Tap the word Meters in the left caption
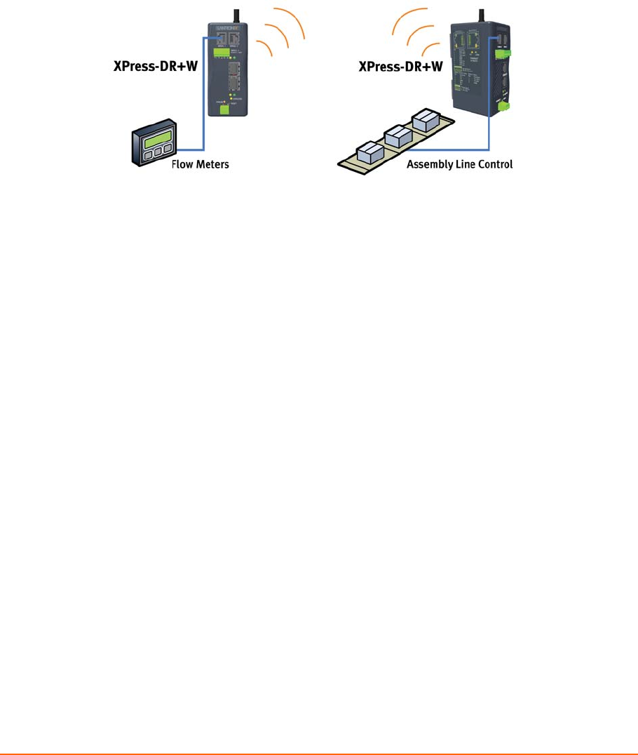pos(213,166)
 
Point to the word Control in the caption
pos(495,166)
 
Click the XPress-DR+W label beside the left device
pos(155,68)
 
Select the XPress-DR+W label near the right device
pos(400,67)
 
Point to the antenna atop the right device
pos(481,13)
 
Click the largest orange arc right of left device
pos(289,21)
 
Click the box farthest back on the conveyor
pos(427,120)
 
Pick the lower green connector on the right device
pos(503,107)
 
